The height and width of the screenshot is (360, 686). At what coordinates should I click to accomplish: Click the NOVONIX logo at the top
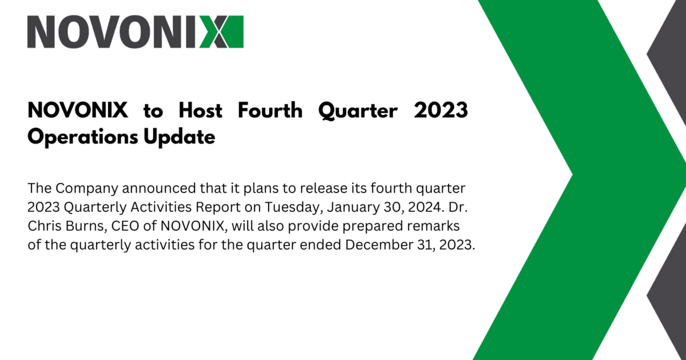[x=135, y=32]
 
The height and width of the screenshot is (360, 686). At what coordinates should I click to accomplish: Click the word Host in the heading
[x=201, y=110]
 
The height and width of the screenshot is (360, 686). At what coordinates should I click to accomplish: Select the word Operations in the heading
[x=83, y=137]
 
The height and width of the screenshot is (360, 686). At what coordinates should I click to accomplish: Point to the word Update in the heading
[x=180, y=137]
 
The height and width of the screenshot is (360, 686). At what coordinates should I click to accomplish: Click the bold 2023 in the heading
[x=441, y=110]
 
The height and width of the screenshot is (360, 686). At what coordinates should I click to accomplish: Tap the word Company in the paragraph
[x=87, y=189]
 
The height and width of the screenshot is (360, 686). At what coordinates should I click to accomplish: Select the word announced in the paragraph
[x=159, y=188]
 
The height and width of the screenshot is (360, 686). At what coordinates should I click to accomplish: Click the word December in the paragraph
[x=379, y=245]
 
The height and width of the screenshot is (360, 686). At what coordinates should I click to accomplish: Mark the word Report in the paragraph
[x=218, y=207]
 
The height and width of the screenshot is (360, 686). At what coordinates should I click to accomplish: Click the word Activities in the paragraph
[x=161, y=207]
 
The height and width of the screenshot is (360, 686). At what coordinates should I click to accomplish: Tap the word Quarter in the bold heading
[x=358, y=111]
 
